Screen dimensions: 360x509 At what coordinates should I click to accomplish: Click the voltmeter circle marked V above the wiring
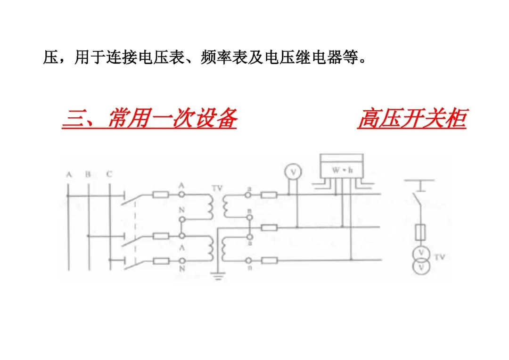(294, 172)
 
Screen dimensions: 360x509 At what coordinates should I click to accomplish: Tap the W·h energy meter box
(342, 169)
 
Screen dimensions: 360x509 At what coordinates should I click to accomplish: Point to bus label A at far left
(69, 175)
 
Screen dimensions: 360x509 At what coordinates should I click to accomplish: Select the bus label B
(88, 175)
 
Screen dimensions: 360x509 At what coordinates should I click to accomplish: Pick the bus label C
(109, 175)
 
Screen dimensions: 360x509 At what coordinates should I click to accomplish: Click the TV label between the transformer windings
(217, 188)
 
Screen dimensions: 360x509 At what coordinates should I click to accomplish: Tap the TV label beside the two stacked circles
(439, 258)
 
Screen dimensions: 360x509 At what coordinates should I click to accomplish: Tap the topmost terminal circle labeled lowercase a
(248, 194)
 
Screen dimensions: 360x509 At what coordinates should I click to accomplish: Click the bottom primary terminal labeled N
(181, 261)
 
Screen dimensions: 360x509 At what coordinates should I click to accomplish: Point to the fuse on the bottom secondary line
(269, 260)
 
